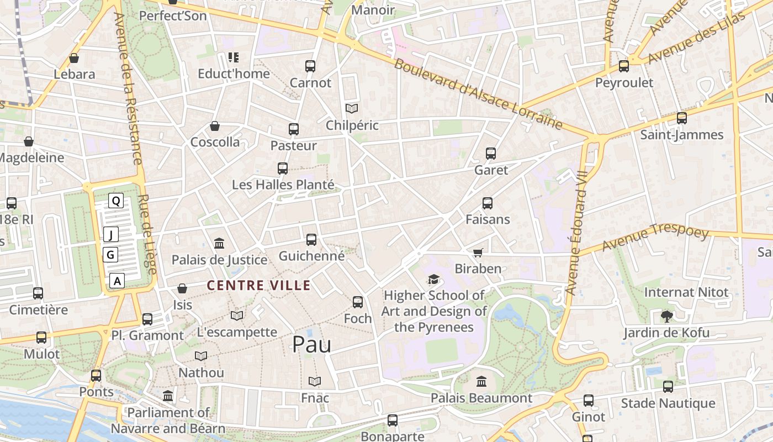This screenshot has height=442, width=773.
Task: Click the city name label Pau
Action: click(x=311, y=344)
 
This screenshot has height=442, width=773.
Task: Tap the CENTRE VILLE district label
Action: click(x=258, y=285)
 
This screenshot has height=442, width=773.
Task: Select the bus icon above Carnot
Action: click(x=310, y=66)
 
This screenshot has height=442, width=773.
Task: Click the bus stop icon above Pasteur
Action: click(x=294, y=129)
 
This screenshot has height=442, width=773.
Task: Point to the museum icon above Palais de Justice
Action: click(x=219, y=243)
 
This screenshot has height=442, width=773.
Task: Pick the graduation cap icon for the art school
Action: click(x=433, y=280)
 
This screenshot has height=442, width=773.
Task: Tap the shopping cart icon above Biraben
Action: click(x=478, y=252)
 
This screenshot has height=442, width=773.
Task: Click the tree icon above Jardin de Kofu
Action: click(x=667, y=317)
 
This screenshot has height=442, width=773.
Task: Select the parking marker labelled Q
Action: click(x=116, y=201)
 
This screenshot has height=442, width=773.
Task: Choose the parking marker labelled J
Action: click(x=111, y=235)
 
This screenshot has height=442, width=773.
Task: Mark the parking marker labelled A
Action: click(x=117, y=281)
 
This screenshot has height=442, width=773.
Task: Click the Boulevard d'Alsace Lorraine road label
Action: click(x=478, y=93)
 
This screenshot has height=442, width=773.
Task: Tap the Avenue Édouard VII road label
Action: click(x=578, y=232)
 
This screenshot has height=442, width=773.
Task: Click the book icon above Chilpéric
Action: click(x=352, y=109)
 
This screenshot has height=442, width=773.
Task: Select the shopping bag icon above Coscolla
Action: click(x=215, y=126)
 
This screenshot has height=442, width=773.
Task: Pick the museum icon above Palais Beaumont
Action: click(x=481, y=381)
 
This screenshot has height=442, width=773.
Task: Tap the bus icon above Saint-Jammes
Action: click(x=682, y=118)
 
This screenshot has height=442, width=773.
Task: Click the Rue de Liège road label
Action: click(x=147, y=234)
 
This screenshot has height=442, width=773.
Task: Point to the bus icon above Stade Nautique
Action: click(x=668, y=387)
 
